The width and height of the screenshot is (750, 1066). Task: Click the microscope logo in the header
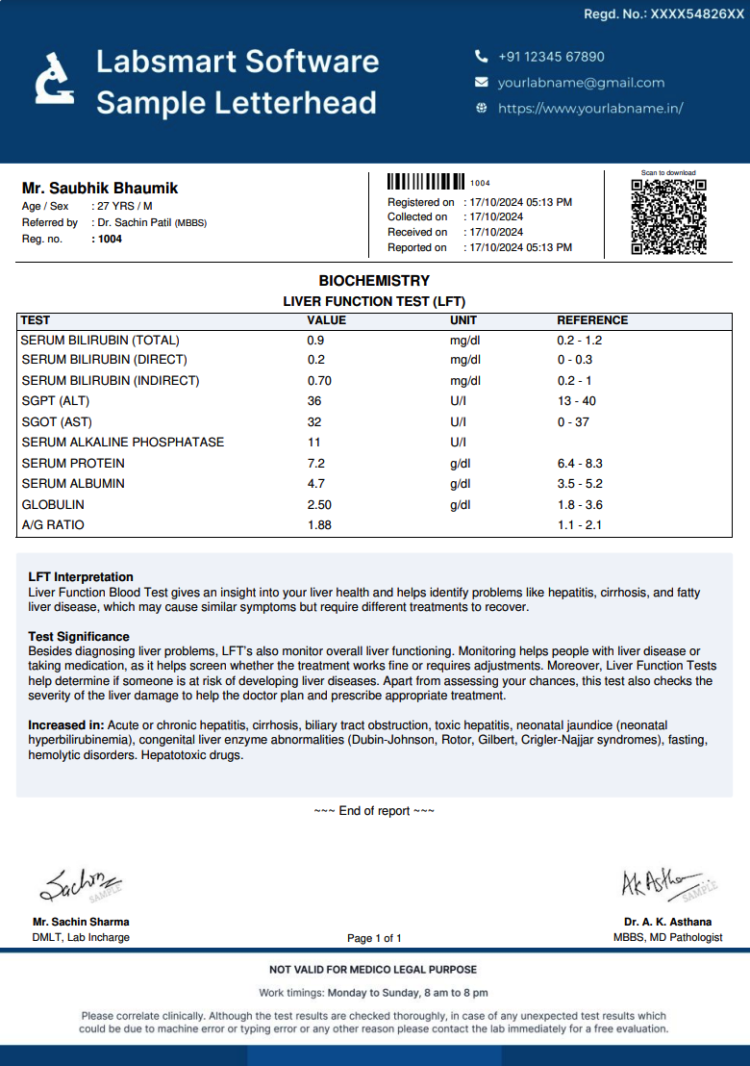pos(54,78)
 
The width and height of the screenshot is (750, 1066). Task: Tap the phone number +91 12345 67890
pos(551,57)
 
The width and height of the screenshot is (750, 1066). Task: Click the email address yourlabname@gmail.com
pos(581,83)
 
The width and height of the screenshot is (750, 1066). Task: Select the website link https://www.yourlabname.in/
pos(590,109)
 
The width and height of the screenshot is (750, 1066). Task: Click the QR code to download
pos(668,216)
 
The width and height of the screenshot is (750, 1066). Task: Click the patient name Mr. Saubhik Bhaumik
pos(100,189)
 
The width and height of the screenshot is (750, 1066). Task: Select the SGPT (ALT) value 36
pos(314,401)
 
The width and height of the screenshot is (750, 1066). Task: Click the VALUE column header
pos(326,320)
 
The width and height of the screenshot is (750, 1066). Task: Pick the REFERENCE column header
pos(592,320)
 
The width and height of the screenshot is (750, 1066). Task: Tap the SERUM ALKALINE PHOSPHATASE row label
pos(123,443)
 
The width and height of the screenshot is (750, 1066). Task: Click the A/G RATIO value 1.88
pos(319,525)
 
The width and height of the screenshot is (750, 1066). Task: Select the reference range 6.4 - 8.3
pos(580,464)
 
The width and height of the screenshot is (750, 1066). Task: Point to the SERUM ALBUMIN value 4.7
pos(315,484)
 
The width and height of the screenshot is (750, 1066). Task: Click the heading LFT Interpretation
pos(81,577)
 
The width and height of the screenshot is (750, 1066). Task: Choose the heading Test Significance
pos(79,637)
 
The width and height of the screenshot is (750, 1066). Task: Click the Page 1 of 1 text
pos(374,938)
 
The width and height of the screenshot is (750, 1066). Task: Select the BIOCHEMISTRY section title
pos(374,281)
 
